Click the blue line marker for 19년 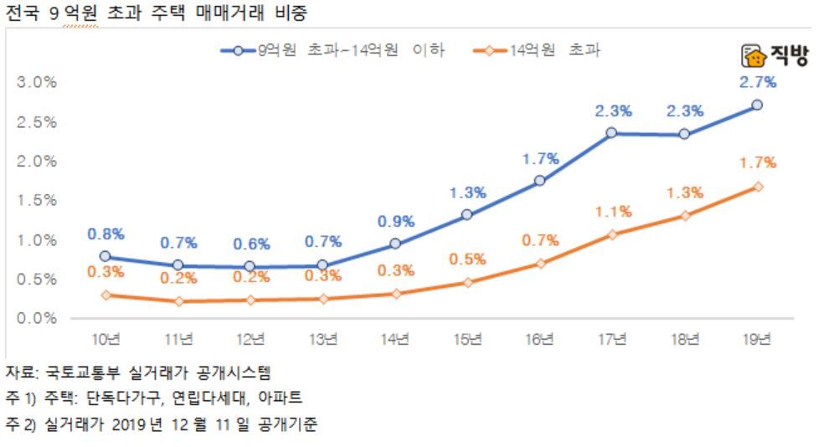click(757, 105)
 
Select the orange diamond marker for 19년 click(757, 187)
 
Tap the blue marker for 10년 click(105, 256)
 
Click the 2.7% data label click(758, 82)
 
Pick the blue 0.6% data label click(251, 244)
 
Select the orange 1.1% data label click(614, 212)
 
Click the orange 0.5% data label click(467, 259)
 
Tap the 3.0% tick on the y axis click(37, 82)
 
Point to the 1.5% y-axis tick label click(37, 200)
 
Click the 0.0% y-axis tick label click(37, 318)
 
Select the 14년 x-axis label click(395, 339)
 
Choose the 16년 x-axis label click(540, 339)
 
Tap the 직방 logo click(775, 57)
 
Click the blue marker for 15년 click(467, 214)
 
